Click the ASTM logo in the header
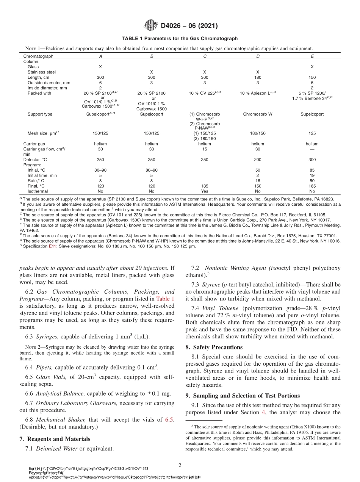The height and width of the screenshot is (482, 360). tap(151, 26)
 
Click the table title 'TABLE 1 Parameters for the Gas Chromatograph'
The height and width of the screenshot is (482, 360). tap(180, 39)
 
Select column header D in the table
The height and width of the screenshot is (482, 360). tap(258, 56)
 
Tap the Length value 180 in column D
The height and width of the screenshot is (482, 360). tap(258, 77)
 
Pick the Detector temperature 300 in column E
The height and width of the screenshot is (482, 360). tap(312, 160)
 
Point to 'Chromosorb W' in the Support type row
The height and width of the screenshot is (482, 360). tap(258, 114)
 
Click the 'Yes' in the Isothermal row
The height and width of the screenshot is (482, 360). tap(205, 191)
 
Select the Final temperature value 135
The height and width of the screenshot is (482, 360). tap(205, 186)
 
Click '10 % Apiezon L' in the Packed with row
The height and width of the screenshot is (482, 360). tap(256, 93)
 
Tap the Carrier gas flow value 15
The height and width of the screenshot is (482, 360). tap(205, 149)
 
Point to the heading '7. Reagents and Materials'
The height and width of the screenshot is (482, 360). tap(55, 439)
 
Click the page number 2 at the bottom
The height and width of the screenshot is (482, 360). tap(180, 464)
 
